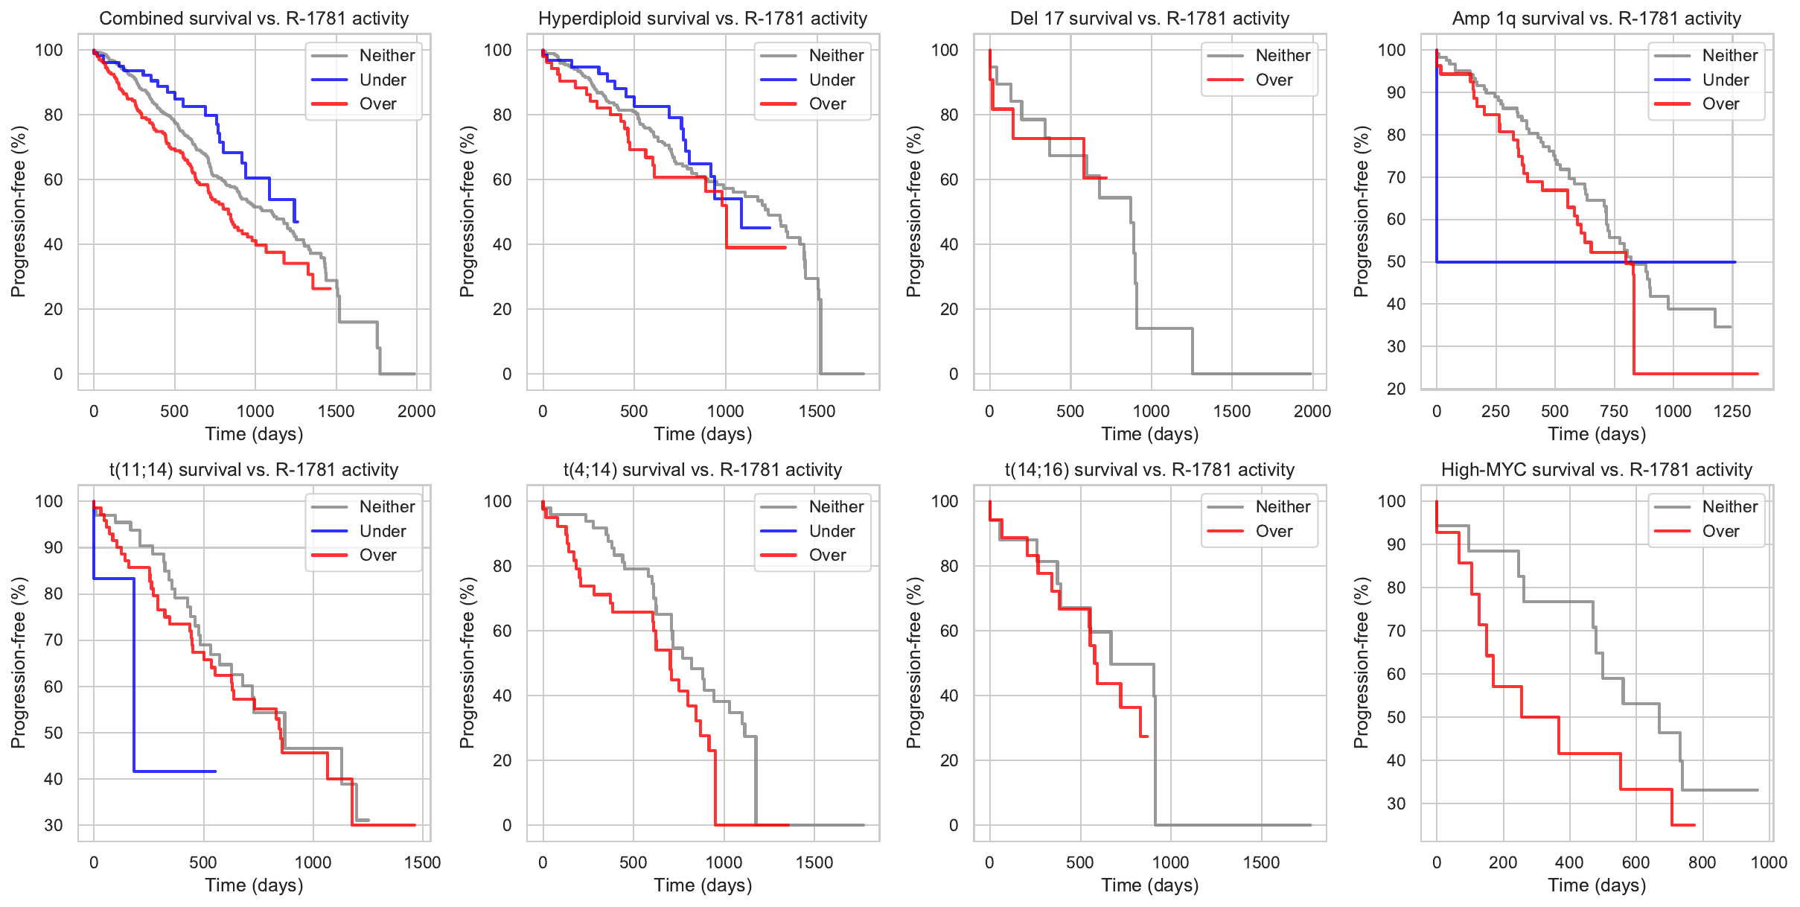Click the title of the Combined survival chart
[254, 19]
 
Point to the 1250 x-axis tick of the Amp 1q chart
[1732, 411]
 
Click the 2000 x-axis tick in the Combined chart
[416, 411]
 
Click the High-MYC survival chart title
[1597, 470]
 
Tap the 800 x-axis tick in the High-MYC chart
[1702, 862]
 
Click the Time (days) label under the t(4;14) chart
[703, 885]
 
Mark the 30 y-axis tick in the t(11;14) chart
[54, 825]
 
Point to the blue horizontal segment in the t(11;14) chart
[175, 771]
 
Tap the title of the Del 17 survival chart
[1149, 19]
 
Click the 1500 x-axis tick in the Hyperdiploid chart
[817, 411]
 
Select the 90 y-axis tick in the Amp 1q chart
[1391, 92]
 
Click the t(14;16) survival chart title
[1149, 470]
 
